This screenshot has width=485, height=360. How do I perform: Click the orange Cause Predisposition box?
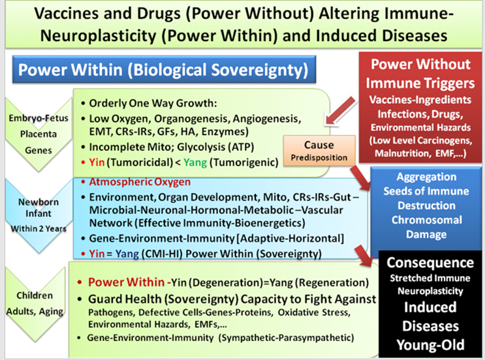(319, 150)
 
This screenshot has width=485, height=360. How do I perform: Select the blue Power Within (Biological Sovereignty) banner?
(164, 69)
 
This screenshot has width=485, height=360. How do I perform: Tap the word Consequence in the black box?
(430, 263)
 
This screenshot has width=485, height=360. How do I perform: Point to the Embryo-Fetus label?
(39, 118)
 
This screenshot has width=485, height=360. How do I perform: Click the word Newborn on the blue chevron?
(39, 202)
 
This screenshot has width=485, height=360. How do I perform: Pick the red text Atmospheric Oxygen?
(140, 182)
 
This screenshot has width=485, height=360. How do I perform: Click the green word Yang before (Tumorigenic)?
(195, 162)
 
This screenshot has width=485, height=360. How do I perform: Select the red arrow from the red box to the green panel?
(340, 110)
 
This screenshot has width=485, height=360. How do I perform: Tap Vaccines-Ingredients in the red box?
(420, 100)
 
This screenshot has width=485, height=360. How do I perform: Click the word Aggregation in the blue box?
(426, 177)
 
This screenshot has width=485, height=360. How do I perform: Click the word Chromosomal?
(426, 220)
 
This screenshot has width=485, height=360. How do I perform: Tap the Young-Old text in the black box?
(430, 345)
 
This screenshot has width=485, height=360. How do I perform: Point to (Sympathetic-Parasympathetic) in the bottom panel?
(286, 337)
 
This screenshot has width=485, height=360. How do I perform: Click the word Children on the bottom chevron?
(35, 295)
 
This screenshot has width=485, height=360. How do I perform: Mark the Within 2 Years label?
(39, 229)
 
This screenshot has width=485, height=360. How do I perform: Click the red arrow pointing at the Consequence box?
(364, 255)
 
